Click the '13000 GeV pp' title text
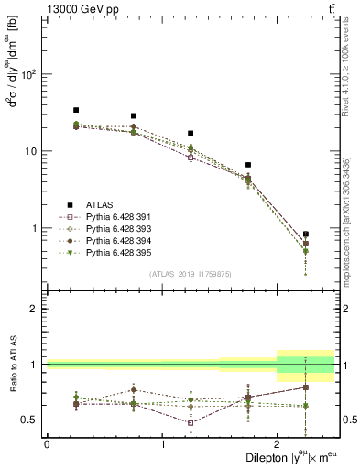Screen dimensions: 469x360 (74, 8)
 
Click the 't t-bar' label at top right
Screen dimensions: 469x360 (329, 8)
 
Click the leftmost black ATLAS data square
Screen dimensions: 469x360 (76, 110)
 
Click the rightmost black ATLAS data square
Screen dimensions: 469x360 (305, 234)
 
